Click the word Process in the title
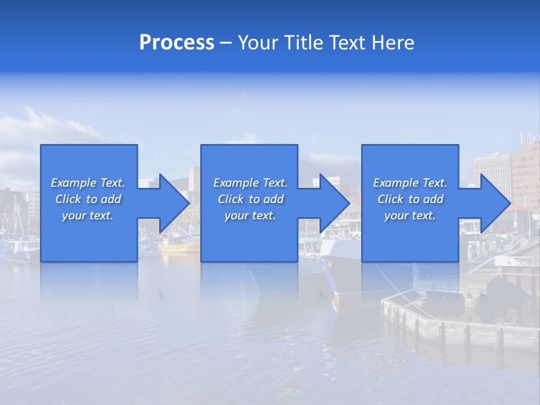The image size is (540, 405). [x=177, y=43]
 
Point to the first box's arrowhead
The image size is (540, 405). [x=172, y=203]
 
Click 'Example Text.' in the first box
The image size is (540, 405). [x=88, y=183]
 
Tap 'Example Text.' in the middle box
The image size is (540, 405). [x=250, y=183]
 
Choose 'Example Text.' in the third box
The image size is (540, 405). [x=410, y=183]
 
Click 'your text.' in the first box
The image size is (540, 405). [x=88, y=215]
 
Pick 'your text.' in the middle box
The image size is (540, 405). [x=250, y=215]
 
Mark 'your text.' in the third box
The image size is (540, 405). [x=410, y=215]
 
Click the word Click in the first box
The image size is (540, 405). [x=69, y=199]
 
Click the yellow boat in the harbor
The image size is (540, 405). [x=179, y=245]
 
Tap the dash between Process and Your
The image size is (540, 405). [x=226, y=43]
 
